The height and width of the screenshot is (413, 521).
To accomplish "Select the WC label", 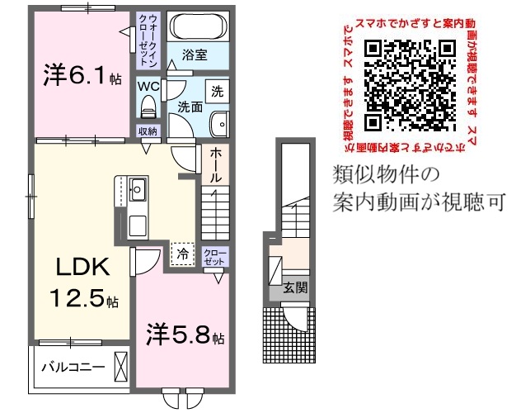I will pos(148,86).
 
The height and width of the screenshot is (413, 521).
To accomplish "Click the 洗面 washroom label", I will pos(190,107).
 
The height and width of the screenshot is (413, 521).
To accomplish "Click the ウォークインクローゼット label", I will pos(148,39).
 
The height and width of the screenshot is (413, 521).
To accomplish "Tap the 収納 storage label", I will pos(148,131).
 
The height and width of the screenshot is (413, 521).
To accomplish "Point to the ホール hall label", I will pos(214,165).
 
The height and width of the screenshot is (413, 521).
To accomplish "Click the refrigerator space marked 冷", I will pos(181,254).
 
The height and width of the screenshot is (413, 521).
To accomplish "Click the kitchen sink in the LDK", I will pos(138,191).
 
